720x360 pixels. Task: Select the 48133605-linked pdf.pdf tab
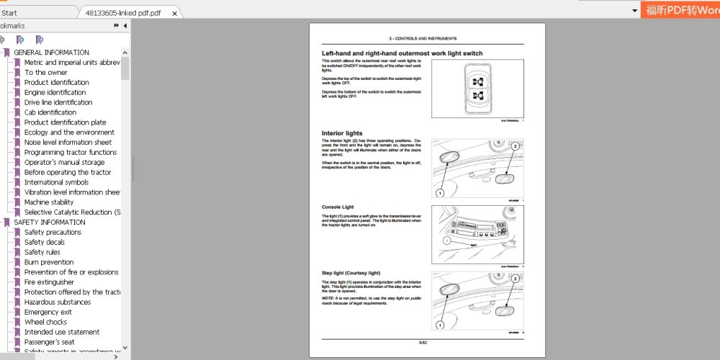tap(122, 13)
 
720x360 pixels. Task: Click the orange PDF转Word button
tap(680, 10)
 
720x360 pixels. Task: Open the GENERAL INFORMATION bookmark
tap(51, 53)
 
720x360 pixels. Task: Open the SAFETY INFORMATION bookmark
tap(49, 222)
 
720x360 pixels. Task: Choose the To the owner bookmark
tap(45, 73)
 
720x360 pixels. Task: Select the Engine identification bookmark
tap(55, 93)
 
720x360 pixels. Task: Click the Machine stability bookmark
tap(49, 202)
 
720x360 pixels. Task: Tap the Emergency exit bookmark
tap(48, 312)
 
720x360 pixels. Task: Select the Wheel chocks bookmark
tap(45, 323)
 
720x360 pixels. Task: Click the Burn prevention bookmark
tap(49, 263)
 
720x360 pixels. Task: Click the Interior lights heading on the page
tap(342, 133)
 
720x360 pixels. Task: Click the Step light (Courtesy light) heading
tap(351, 274)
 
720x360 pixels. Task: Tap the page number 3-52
tap(423, 341)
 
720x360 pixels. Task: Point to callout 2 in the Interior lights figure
tap(515, 146)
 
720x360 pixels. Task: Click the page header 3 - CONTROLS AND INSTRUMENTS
tap(423, 38)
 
